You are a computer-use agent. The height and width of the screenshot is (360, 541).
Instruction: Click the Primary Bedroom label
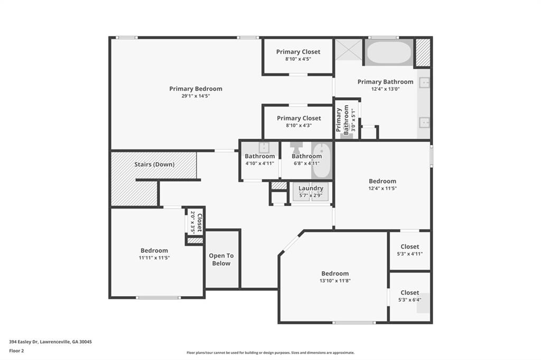(195, 89)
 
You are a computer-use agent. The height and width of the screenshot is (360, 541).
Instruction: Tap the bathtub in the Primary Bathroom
(389, 52)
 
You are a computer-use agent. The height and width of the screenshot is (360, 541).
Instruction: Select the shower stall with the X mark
(348, 49)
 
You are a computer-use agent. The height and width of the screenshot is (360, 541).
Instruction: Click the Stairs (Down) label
(154, 164)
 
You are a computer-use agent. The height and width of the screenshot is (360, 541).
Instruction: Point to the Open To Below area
(221, 259)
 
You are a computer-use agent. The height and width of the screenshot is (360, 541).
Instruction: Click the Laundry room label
(311, 188)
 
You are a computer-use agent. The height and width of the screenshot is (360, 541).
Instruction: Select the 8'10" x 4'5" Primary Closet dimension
(298, 59)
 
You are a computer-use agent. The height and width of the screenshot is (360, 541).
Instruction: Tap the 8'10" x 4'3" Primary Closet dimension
(298, 126)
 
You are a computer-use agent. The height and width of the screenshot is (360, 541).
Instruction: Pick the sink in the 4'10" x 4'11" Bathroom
(263, 147)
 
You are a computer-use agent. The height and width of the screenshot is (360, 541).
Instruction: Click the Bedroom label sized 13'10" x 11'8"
(335, 273)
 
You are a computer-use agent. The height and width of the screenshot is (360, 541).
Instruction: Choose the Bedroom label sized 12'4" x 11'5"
(382, 181)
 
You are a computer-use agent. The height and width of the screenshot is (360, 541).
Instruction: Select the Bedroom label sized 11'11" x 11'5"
(154, 251)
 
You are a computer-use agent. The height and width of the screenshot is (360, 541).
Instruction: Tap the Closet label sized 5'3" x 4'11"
(409, 247)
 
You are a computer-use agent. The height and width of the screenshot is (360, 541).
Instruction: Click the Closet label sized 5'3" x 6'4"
(409, 292)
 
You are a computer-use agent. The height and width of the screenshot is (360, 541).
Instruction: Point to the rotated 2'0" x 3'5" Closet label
(197, 222)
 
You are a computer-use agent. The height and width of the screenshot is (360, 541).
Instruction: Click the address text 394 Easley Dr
(50, 342)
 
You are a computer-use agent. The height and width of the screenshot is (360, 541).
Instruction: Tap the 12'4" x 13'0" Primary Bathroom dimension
(385, 89)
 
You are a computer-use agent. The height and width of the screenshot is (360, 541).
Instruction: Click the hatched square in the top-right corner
(423, 52)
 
